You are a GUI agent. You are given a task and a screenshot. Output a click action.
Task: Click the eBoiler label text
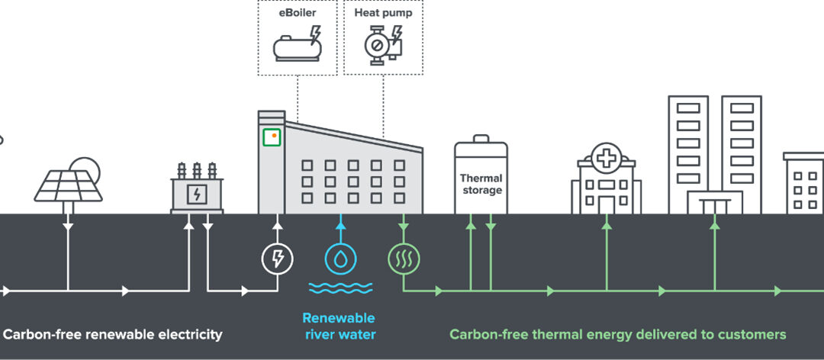click(297, 13)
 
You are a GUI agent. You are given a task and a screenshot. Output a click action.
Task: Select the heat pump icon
click(381, 46)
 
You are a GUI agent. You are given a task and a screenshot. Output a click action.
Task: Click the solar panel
click(68, 185)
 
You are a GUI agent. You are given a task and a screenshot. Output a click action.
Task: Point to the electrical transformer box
click(197, 194)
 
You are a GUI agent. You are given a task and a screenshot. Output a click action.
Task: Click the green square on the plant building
click(271, 137)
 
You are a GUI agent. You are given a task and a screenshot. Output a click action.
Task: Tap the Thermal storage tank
click(481, 180)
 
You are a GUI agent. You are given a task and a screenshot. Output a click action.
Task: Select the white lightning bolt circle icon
click(278, 259)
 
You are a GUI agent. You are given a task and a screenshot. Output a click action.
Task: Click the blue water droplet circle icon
click(340, 259)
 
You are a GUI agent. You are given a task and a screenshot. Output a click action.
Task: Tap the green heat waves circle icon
click(403, 259)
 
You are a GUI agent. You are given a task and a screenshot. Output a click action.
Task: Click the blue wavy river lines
click(340, 288)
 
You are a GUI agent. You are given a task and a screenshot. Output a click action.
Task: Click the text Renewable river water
click(339, 326)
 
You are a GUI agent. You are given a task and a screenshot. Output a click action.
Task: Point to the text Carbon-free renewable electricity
click(113, 334)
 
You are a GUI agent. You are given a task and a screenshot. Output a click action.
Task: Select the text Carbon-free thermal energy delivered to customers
click(617, 334)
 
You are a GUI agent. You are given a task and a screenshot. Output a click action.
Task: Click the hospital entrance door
click(606, 204)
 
